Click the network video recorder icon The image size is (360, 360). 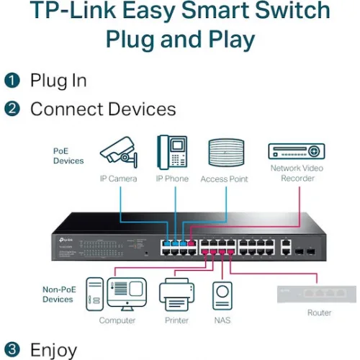297,152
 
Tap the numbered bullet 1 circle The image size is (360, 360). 12,80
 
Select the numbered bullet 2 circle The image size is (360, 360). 12,109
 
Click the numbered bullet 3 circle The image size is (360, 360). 12,350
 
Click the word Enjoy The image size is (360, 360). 53,350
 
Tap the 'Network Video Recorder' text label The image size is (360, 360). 297,173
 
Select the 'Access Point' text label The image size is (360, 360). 225,179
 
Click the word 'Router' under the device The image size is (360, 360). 319,312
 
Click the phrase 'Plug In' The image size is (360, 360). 58,80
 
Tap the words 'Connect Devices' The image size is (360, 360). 103,109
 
